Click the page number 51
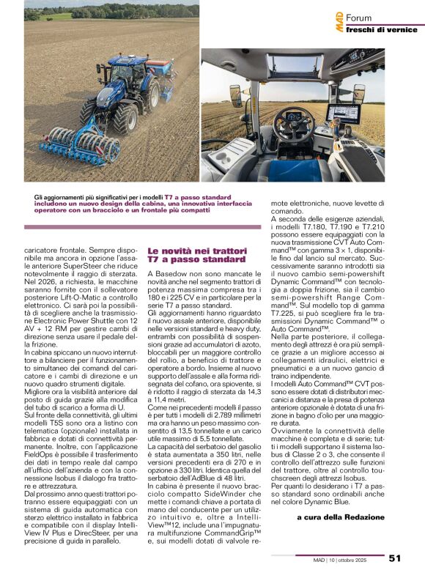tap(395, 558)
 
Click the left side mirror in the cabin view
tap(236, 95)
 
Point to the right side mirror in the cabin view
tap(359, 94)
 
